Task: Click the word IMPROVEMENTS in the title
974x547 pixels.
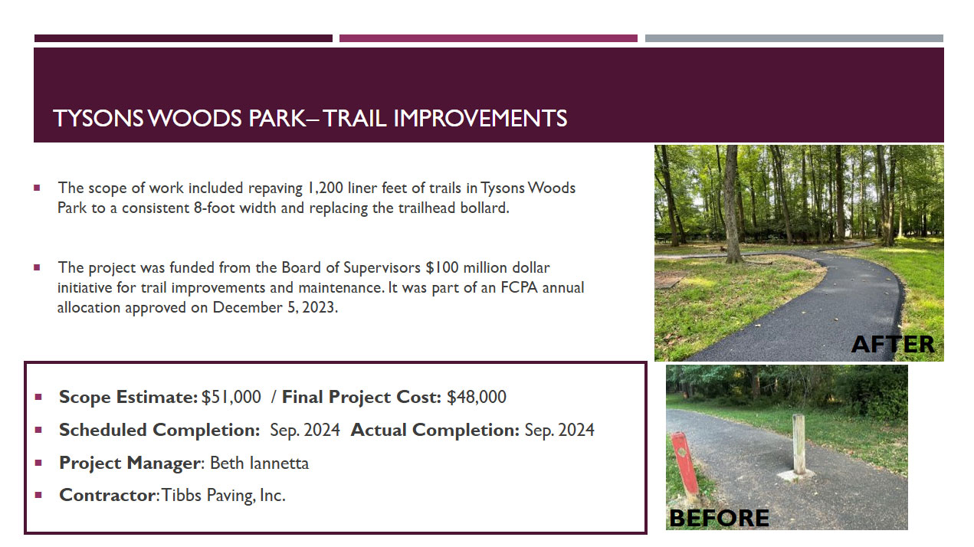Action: coord(480,118)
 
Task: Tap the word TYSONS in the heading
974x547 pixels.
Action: coord(98,118)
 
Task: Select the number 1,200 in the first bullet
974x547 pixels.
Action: coord(325,188)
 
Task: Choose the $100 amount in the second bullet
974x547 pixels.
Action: coord(441,267)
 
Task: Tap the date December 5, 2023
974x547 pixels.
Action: coord(274,307)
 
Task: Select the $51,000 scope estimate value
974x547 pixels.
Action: coord(231,397)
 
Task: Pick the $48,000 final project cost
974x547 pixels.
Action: coord(477,397)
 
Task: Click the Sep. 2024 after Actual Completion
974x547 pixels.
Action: coord(559,430)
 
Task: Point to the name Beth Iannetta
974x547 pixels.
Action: coord(260,463)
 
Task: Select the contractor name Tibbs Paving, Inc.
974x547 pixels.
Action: coord(224,496)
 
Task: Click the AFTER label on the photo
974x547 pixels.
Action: coord(892,345)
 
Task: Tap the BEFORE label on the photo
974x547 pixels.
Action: coord(719,518)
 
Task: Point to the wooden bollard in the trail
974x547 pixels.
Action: coord(799,444)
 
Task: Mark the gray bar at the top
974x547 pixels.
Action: coord(794,38)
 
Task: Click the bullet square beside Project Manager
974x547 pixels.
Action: coord(38,463)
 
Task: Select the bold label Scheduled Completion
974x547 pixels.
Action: coord(159,430)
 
